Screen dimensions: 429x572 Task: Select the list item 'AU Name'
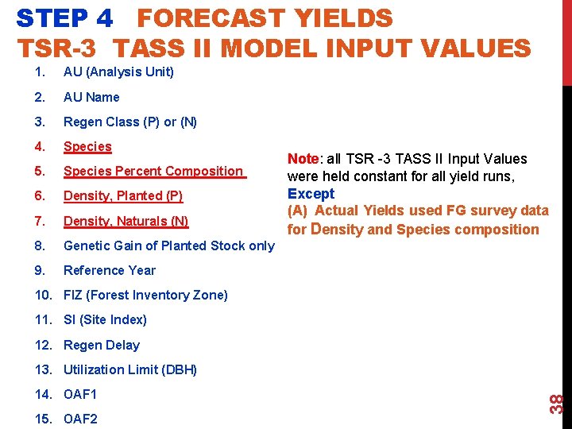tap(91, 97)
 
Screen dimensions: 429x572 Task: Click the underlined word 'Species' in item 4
tap(87, 146)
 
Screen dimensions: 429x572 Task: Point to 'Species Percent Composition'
tap(153, 171)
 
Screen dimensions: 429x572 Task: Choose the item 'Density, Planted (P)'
tap(123, 196)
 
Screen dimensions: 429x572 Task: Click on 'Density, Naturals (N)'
tap(126, 221)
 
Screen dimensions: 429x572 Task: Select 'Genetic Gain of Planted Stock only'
tap(168, 245)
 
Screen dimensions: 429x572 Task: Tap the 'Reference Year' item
tap(110, 270)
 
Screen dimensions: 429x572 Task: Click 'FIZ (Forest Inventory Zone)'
tap(145, 295)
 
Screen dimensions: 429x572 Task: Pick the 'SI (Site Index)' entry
tap(105, 319)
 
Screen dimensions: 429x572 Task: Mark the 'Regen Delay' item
tap(102, 345)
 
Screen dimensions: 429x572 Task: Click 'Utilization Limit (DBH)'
tap(130, 369)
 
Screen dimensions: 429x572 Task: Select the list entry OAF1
tap(80, 394)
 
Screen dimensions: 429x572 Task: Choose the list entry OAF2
tap(80, 419)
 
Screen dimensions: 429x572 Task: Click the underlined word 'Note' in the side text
tap(303, 160)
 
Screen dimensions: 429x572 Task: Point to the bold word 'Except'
tap(311, 193)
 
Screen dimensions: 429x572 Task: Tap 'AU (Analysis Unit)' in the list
tap(118, 72)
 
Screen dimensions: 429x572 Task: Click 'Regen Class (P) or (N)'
tap(130, 122)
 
